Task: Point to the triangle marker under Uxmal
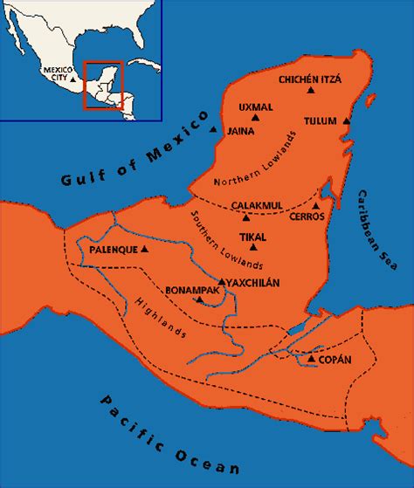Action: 255,117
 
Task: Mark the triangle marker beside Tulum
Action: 347,120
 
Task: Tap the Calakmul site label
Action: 258,205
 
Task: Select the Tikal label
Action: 252,236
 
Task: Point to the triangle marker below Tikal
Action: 253,248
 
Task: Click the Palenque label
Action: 114,249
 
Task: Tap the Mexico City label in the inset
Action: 58,72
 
